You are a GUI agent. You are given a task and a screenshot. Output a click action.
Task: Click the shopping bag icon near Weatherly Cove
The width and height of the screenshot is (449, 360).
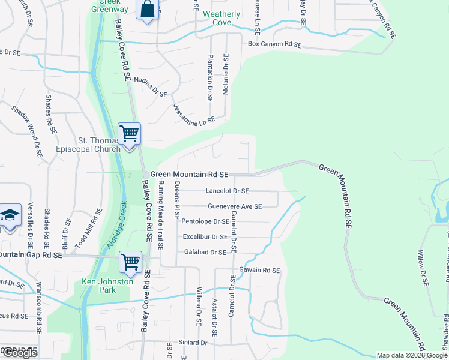point(147,10)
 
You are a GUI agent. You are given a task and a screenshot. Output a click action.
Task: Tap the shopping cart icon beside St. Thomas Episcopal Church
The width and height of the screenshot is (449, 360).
point(129,134)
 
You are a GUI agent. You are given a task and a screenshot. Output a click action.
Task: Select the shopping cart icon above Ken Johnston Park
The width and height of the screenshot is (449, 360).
point(130,262)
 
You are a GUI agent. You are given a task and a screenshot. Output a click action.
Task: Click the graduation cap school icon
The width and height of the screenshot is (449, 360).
point(10,215)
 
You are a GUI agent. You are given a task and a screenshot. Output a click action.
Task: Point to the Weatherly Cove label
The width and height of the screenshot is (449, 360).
point(221,18)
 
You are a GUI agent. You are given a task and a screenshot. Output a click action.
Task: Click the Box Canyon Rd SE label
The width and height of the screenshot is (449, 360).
point(274,44)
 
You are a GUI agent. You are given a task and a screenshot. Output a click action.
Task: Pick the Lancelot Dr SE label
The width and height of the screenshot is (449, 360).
point(227,191)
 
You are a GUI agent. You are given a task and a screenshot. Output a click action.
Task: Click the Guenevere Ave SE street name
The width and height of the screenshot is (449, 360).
point(235,206)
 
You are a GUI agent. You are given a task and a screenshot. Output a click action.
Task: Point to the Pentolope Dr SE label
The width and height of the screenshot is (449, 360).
point(205,221)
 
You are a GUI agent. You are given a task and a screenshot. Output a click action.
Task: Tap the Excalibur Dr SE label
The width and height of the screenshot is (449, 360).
point(205,237)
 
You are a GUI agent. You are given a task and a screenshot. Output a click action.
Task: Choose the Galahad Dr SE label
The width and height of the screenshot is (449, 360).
point(205,253)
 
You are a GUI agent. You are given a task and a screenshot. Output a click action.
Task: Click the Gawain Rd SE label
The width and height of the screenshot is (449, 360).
point(259,271)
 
